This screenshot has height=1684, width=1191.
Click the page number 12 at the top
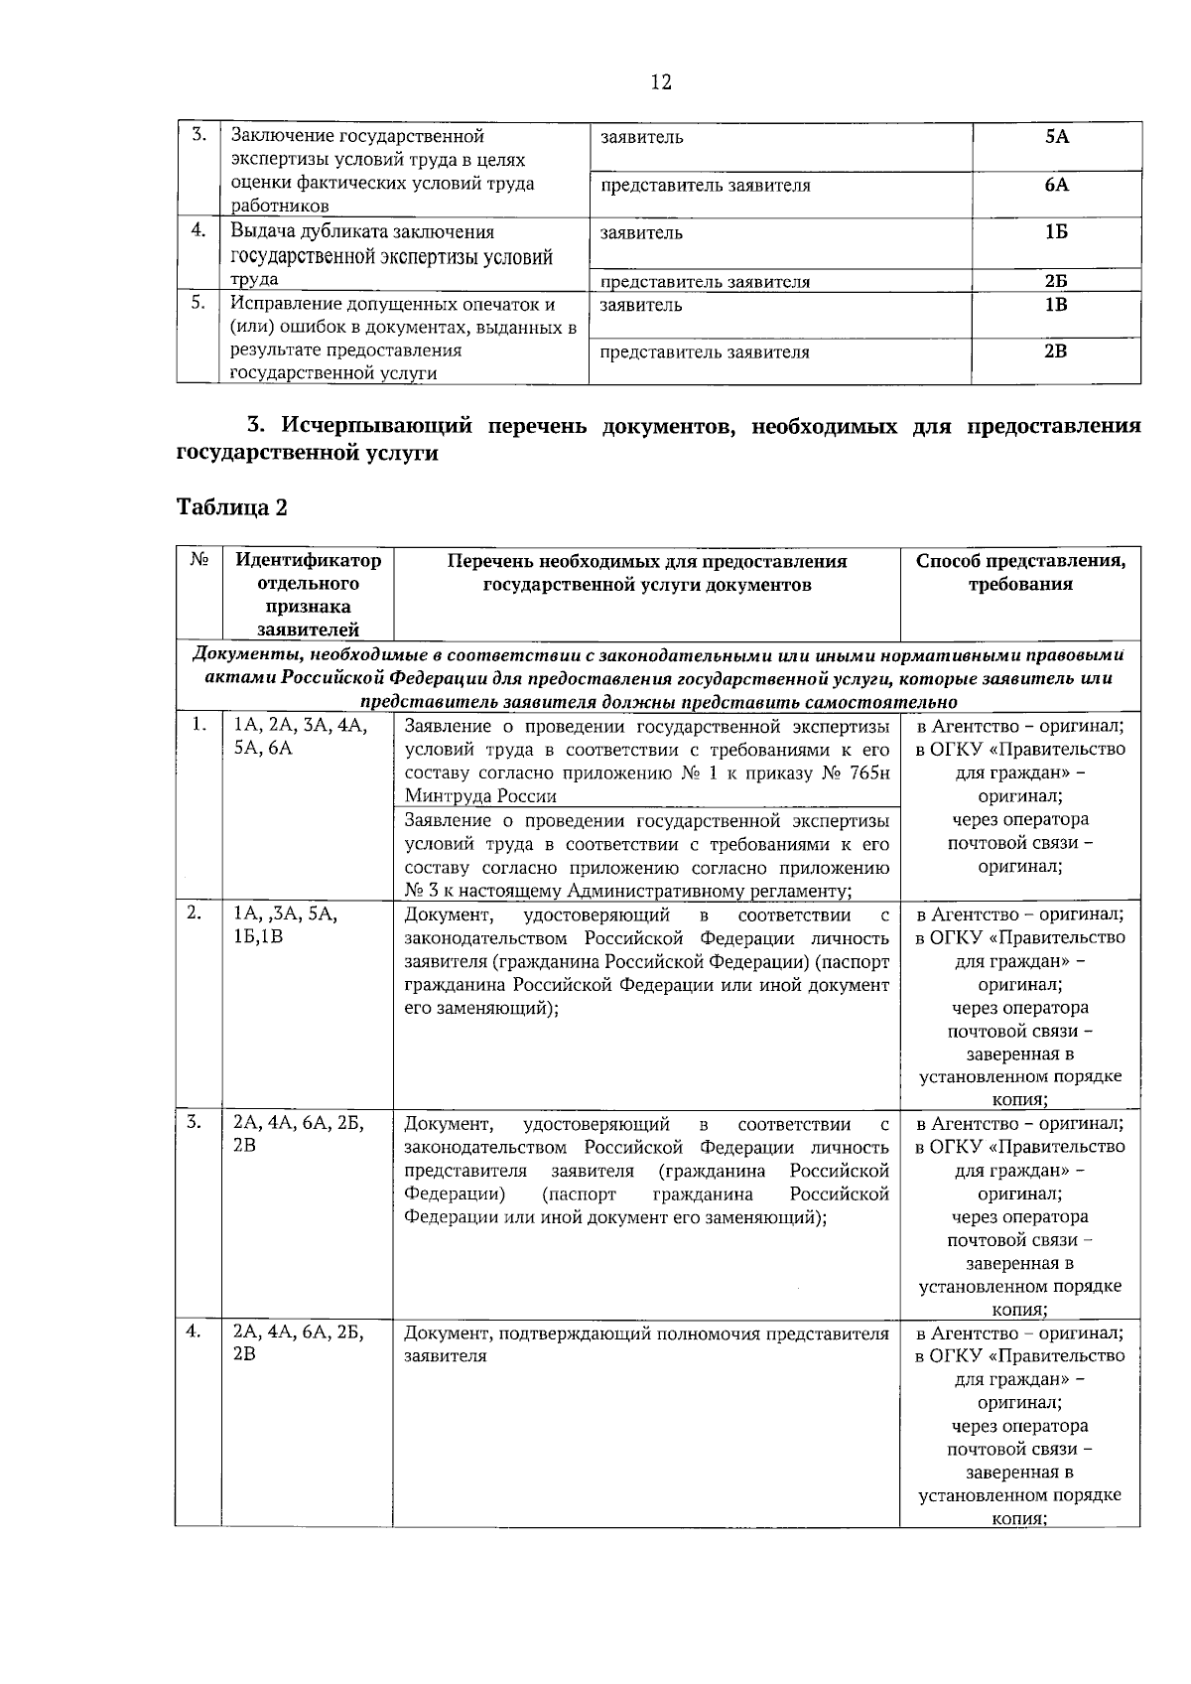tap(661, 82)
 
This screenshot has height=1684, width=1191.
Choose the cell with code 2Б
tap(1056, 281)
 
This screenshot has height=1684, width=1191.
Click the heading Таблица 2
tap(232, 507)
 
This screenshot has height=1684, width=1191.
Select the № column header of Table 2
tap(198, 561)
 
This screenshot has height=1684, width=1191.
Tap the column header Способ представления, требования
tap(1020, 573)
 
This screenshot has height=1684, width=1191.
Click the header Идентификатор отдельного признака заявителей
tap(308, 594)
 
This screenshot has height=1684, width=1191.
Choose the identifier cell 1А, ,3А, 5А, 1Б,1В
tap(286, 924)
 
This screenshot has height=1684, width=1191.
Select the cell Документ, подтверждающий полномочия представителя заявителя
tap(646, 1344)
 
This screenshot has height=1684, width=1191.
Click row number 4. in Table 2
tap(196, 1332)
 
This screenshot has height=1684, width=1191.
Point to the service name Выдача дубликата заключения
tap(362, 232)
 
